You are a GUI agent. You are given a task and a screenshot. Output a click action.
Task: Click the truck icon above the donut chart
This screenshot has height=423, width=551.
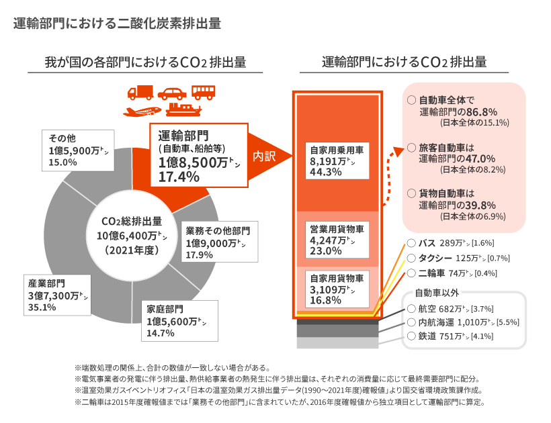(x=141, y=93)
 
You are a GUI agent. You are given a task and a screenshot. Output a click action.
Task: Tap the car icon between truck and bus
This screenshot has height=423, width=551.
(x=173, y=93)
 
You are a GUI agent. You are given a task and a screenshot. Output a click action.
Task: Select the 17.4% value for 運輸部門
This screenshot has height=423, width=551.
(x=179, y=177)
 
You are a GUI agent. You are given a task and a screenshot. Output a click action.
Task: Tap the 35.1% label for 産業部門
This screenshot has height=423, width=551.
(x=42, y=308)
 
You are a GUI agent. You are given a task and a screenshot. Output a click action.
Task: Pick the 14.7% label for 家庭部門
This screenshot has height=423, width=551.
(x=159, y=333)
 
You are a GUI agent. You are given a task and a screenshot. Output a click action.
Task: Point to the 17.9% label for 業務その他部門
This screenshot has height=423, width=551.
(x=199, y=255)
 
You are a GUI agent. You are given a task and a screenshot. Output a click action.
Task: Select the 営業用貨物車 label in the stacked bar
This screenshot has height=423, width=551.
(x=336, y=228)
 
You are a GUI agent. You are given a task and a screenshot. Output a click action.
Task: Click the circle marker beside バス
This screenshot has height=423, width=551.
(x=411, y=242)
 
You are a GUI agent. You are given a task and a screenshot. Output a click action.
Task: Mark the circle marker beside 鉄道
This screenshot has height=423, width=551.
(x=411, y=337)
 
